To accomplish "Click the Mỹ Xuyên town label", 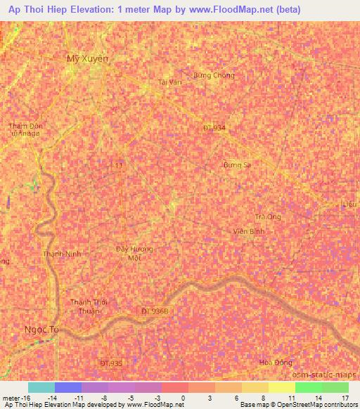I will tap(88, 59).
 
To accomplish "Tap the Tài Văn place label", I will tap(170, 82).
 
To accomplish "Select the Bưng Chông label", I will tap(213, 75).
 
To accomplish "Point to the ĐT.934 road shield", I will tap(214, 127).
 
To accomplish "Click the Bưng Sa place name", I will tap(237, 164).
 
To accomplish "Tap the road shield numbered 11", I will tap(119, 164).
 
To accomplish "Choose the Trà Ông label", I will tap(268, 216).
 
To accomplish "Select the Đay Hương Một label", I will tap(134, 254).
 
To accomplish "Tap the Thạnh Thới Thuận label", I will tap(87, 306).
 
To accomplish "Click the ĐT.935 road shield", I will tap(111, 363).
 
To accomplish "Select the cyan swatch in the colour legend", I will tap(41, 387).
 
